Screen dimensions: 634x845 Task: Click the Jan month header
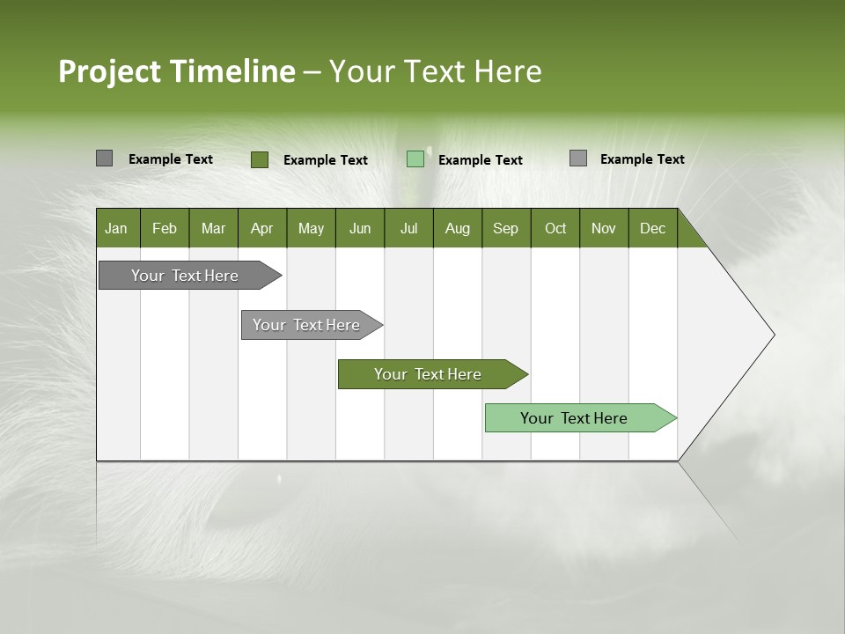[x=117, y=228]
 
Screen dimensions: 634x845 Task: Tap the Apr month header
[x=262, y=228]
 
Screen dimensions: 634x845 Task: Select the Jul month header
[x=408, y=228]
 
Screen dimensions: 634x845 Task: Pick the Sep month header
[x=505, y=228]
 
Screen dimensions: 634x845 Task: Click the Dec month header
[x=652, y=228]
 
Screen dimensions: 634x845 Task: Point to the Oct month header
[x=555, y=228]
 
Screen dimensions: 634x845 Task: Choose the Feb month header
[x=165, y=228]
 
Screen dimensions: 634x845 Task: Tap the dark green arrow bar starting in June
[x=429, y=374]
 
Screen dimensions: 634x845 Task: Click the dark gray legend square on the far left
[x=104, y=158]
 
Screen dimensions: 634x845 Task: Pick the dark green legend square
[x=260, y=159]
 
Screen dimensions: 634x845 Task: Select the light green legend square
[x=415, y=159]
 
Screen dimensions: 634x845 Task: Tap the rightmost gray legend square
[x=578, y=158]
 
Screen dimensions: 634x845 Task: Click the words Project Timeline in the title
[x=176, y=71]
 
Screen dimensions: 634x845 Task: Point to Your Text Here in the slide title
[x=436, y=71]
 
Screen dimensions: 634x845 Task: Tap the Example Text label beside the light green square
[x=481, y=160]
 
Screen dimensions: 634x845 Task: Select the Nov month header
[x=604, y=228]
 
